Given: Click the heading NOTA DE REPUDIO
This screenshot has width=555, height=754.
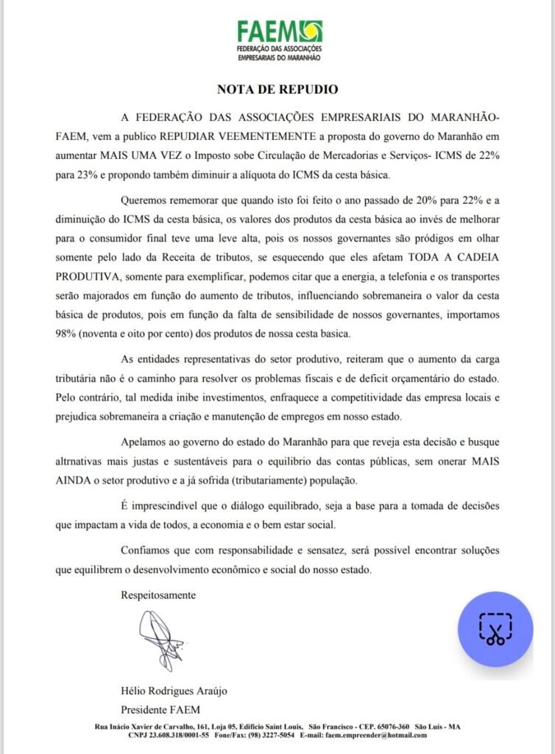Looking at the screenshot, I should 277,90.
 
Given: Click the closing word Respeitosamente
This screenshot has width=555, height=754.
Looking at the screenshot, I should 158,594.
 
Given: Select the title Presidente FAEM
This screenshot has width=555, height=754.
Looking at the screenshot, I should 160,709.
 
